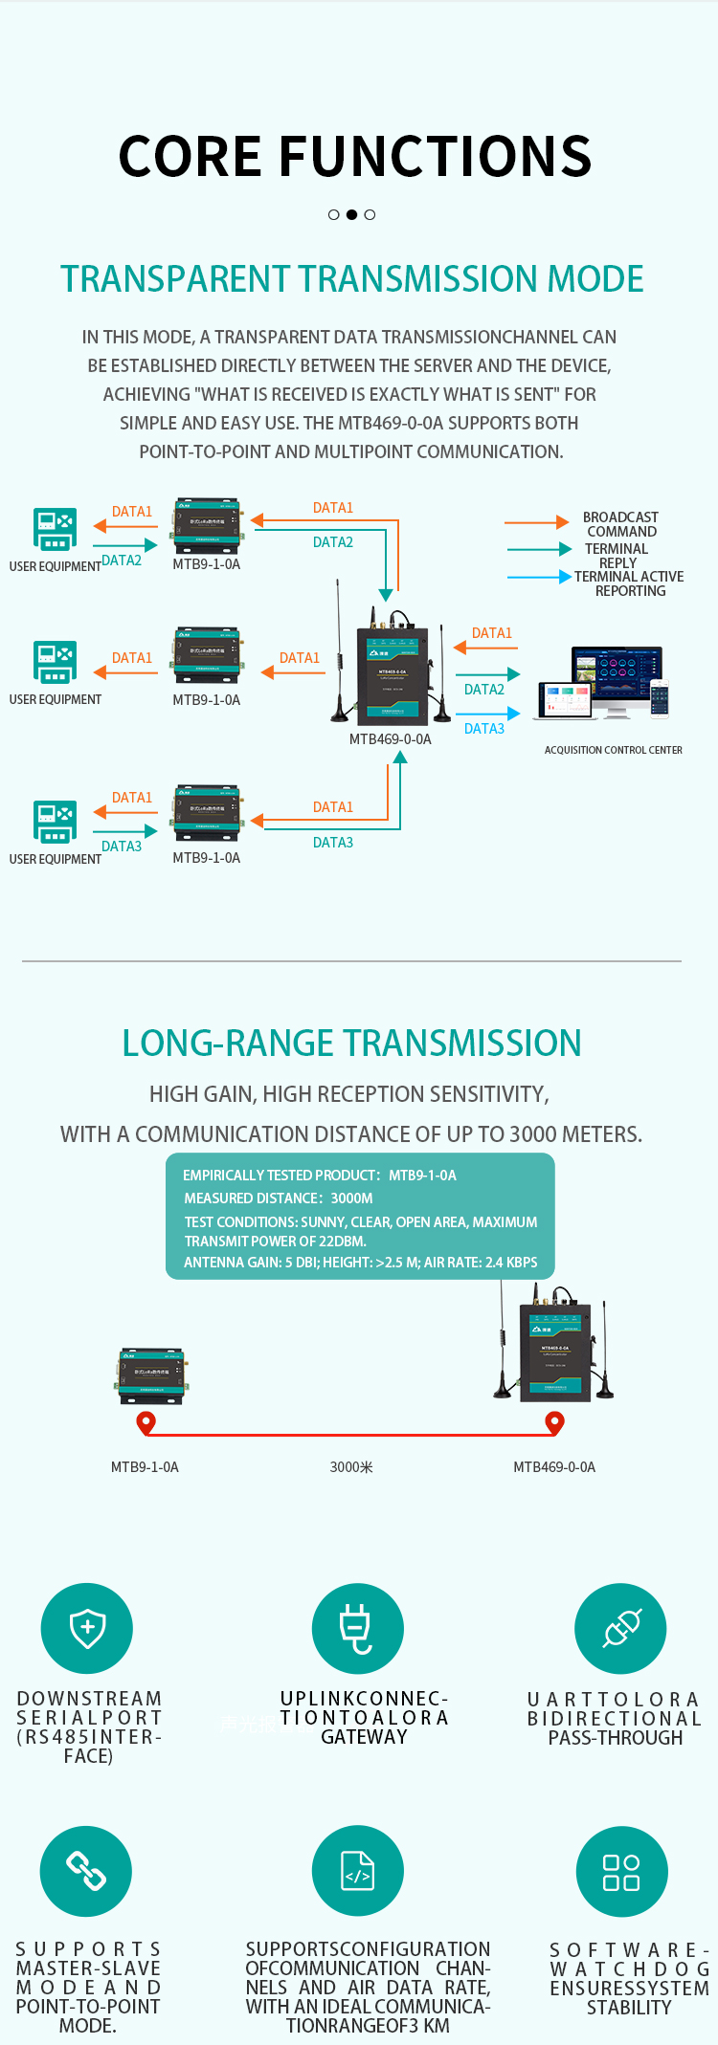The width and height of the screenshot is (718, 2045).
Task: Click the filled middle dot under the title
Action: [x=351, y=214]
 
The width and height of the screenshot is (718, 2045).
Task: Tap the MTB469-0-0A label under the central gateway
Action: [x=390, y=739]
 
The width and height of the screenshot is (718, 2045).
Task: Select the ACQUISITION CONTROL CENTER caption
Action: [x=613, y=750]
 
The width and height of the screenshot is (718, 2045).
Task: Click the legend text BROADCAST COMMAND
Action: [x=621, y=524]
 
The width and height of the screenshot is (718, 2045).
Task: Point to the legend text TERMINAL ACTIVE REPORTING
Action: [x=629, y=583]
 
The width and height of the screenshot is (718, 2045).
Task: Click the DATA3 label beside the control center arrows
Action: [x=483, y=729]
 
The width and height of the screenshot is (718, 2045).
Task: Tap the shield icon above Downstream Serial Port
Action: [x=87, y=1628]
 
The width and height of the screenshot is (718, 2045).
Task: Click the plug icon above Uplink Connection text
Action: [x=357, y=1629]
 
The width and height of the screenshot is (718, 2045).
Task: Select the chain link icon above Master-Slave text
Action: [x=86, y=1871]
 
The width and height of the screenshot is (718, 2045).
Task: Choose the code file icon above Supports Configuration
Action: [x=357, y=1871]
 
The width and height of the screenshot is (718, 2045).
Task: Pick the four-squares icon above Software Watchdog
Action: [x=620, y=1872]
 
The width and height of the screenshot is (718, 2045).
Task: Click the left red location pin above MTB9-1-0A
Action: [x=146, y=1423]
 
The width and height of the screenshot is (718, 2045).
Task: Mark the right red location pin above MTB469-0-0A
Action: [x=554, y=1423]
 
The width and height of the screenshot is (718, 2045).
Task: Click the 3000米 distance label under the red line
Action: [x=351, y=1467]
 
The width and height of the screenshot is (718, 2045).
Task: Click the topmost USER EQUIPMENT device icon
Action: [x=55, y=529]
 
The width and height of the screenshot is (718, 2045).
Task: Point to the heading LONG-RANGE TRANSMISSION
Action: [x=351, y=1043]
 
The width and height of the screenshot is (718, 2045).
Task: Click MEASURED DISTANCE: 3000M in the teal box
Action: [x=279, y=1198]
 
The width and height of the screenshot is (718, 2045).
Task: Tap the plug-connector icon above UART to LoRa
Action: [x=620, y=1629]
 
